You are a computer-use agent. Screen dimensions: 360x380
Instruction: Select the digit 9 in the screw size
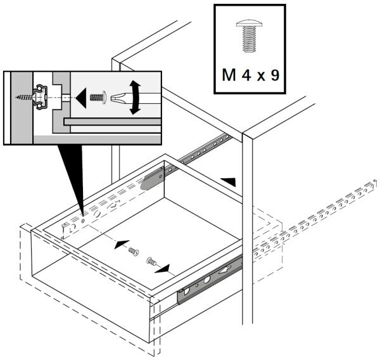click(274, 75)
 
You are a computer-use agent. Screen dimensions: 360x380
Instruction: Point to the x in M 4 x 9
click(261, 77)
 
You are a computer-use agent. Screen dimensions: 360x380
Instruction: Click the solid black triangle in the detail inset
click(80, 97)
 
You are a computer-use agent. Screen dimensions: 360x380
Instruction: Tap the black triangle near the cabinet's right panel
click(228, 182)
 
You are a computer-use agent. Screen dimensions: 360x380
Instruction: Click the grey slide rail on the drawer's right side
click(210, 279)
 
